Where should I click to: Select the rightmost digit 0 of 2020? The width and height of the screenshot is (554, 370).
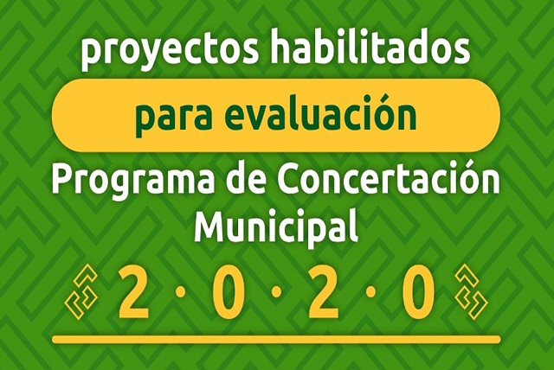click(419, 292)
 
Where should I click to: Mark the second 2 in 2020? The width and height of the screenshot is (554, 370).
click(323, 292)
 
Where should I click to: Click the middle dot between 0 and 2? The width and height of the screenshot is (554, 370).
click(277, 292)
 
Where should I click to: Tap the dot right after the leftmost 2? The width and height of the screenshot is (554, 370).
click(181, 292)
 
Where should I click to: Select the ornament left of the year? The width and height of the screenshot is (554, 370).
click(81, 291)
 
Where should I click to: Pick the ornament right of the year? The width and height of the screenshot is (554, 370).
click(471, 292)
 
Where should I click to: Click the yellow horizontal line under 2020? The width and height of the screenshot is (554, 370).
click(277, 340)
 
